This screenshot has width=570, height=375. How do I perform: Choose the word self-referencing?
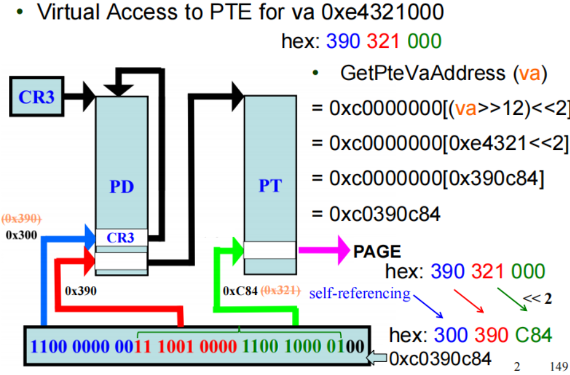[360, 293]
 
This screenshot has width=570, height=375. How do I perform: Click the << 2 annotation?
[538, 298]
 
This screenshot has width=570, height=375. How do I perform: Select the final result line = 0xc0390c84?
[376, 214]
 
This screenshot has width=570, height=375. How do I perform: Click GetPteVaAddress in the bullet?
[422, 73]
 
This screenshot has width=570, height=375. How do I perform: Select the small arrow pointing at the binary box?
[379, 359]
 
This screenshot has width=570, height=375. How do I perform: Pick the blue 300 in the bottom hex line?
[451, 335]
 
